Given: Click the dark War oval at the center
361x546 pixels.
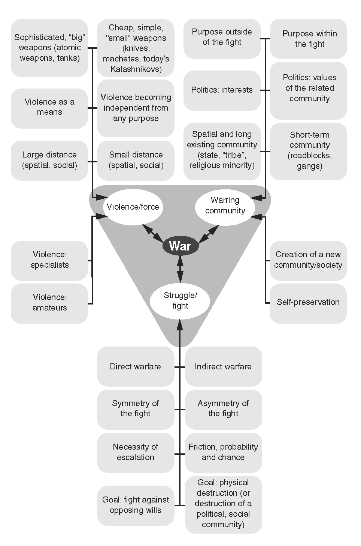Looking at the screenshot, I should pos(180,246).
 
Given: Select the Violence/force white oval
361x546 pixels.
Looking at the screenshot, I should pos(133,207).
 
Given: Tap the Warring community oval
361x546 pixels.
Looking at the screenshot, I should pos(225,205).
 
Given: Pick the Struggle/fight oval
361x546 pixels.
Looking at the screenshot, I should pos(180,301).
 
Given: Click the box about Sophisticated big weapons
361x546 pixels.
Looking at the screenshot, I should pos(49,48).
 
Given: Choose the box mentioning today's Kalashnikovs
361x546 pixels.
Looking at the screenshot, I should pos(136,48).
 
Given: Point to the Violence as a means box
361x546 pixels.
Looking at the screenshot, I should pos(49,107).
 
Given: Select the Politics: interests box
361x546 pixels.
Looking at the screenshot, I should pos(222,90).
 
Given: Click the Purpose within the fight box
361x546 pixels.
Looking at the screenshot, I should pos(309,39).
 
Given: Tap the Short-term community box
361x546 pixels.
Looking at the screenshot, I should pos(309,150).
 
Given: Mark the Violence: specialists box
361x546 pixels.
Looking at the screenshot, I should pos(49,260).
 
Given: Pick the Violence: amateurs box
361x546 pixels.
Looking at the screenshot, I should pos(49,303).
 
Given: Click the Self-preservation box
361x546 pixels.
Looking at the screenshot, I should pos(308,302).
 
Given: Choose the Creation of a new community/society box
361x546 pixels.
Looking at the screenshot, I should pos(308,260).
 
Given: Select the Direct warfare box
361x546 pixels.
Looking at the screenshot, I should pos(136,366).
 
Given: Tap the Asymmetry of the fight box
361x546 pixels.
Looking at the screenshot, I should pos(223,408).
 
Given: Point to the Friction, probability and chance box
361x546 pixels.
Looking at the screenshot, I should pos(223,452).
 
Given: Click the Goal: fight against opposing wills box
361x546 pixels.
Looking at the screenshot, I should pos(136,505).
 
